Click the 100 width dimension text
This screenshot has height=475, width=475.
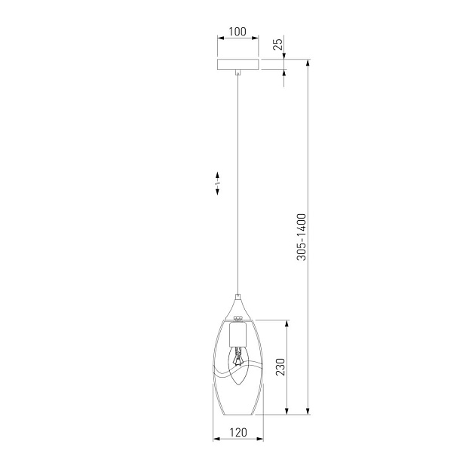[x=237, y=32]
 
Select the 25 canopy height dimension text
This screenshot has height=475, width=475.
[x=277, y=44]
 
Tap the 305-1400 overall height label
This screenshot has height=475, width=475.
[x=301, y=237]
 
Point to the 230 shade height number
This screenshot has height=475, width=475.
[x=279, y=367]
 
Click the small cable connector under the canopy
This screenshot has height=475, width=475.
[x=237, y=74]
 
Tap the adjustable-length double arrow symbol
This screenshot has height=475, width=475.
[x=217, y=182]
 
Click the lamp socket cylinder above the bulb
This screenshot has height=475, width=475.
[x=237, y=333]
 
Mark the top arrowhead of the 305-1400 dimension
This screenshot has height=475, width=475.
[x=309, y=63]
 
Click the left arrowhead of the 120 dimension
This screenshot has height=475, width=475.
[x=216, y=440]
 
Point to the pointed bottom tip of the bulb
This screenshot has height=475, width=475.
[x=237, y=385]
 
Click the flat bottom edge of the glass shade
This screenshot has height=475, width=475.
[x=237, y=414]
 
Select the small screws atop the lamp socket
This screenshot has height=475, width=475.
[x=237, y=319]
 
